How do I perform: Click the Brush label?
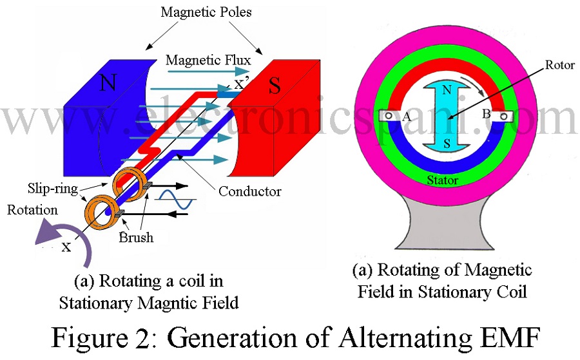coord(136,237)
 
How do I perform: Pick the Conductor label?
coord(249,191)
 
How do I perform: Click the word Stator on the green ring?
coord(443,180)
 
